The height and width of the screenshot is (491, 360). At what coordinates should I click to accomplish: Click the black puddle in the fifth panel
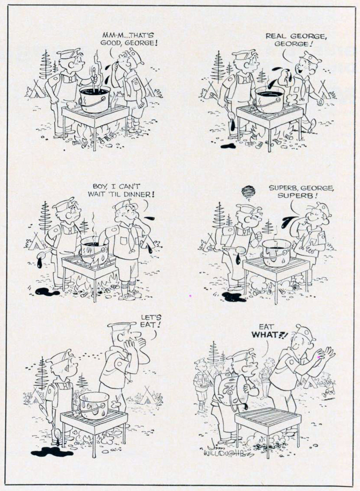tap(52, 451)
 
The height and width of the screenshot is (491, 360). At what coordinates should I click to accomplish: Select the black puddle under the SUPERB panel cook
tap(234, 297)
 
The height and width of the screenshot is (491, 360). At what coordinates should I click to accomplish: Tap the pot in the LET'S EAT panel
tap(95, 404)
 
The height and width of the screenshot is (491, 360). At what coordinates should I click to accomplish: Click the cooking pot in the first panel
tap(95, 99)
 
